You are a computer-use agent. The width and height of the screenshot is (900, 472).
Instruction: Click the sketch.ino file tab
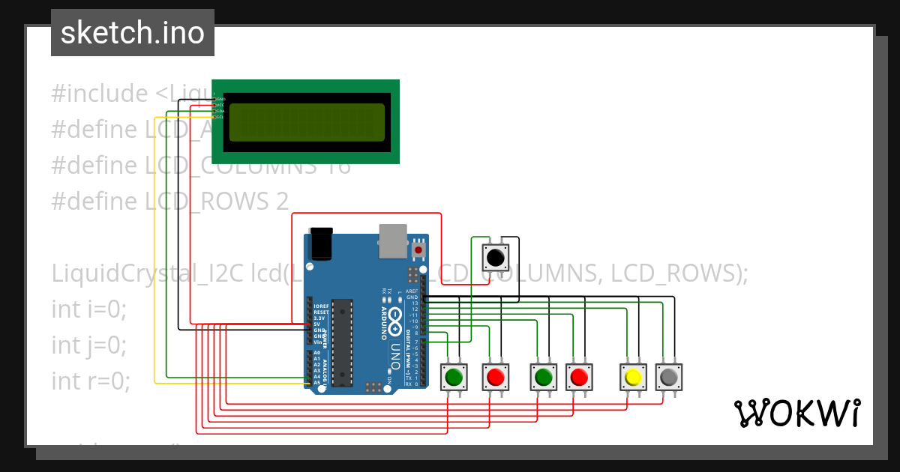click(x=133, y=33)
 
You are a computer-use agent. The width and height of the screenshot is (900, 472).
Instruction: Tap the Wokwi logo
click(x=796, y=413)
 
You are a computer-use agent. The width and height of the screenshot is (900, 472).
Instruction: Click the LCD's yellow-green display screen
click(x=307, y=122)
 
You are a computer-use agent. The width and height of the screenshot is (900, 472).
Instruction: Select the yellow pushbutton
click(x=633, y=376)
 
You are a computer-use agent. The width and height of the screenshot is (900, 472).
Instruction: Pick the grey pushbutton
click(x=669, y=376)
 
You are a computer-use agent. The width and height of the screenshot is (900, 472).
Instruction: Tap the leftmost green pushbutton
click(x=453, y=376)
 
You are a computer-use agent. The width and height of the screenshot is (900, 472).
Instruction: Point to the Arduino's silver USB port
click(x=393, y=240)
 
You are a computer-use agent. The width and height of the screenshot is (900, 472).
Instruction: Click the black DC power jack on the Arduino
click(x=321, y=243)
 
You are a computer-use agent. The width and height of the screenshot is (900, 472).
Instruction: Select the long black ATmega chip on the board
click(x=342, y=341)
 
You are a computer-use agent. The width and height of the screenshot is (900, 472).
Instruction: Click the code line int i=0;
click(x=89, y=309)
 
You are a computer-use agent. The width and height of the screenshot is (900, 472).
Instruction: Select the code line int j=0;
click(x=89, y=345)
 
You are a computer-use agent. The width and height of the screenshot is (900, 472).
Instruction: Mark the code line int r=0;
click(x=91, y=381)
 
